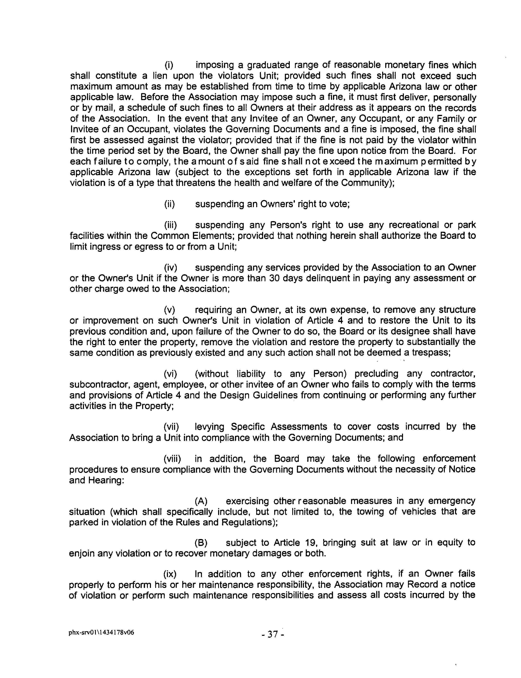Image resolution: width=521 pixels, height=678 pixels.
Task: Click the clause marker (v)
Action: coord(169,310)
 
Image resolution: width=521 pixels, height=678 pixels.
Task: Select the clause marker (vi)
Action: coord(170,374)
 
